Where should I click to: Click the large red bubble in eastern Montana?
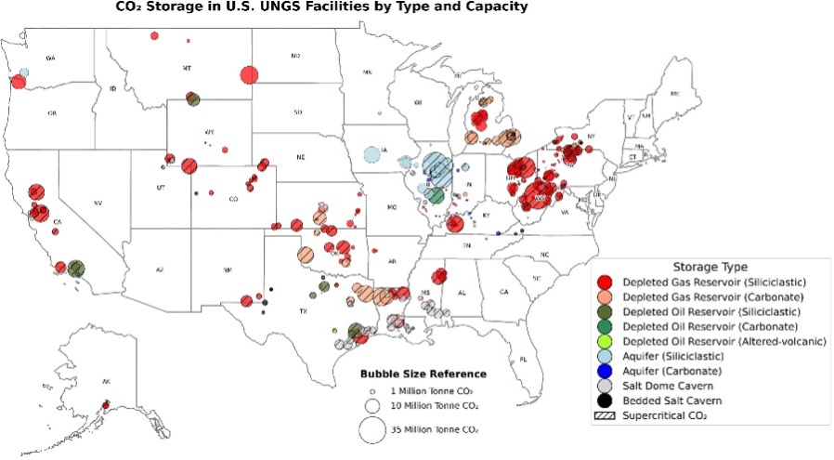pyautogui.click(x=248, y=75)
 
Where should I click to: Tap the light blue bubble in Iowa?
pyautogui.click(x=373, y=154)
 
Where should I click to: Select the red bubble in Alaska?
pyautogui.click(x=106, y=404)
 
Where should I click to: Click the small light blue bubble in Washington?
pyautogui.click(x=24, y=72)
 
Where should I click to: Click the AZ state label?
pyautogui.click(x=160, y=269)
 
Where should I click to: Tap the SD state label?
pyautogui.click(x=298, y=112)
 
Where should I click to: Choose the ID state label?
pyautogui.click(x=113, y=88)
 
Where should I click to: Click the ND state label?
pyautogui.click(x=295, y=57)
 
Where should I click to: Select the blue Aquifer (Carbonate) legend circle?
pyautogui.click(x=605, y=371)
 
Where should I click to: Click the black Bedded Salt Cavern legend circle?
pyautogui.click(x=605, y=401)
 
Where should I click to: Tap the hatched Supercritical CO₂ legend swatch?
pyautogui.click(x=605, y=415)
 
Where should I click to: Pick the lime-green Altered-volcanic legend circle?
pyautogui.click(x=605, y=341)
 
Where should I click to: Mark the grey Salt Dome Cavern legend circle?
pyautogui.click(x=605, y=386)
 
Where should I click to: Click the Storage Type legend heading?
pyautogui.click(x=709, y=266)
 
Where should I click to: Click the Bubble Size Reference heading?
pyautogui.click(x=424, y=374)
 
